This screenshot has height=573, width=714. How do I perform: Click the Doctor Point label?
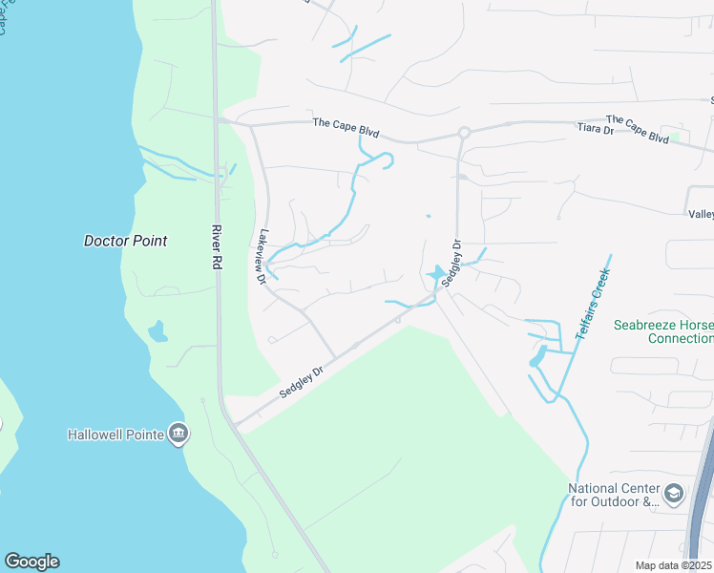125,241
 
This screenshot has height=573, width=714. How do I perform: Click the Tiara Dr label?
596,129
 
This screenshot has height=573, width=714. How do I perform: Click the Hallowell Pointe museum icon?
178,435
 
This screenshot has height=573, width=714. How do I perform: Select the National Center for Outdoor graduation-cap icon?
674,494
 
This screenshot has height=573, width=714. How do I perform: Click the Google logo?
31,562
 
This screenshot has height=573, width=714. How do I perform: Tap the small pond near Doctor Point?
157,333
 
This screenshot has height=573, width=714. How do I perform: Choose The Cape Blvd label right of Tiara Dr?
637,130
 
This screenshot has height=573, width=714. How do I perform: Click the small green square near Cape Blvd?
676,138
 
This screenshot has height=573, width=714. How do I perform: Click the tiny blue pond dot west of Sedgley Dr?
428,216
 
